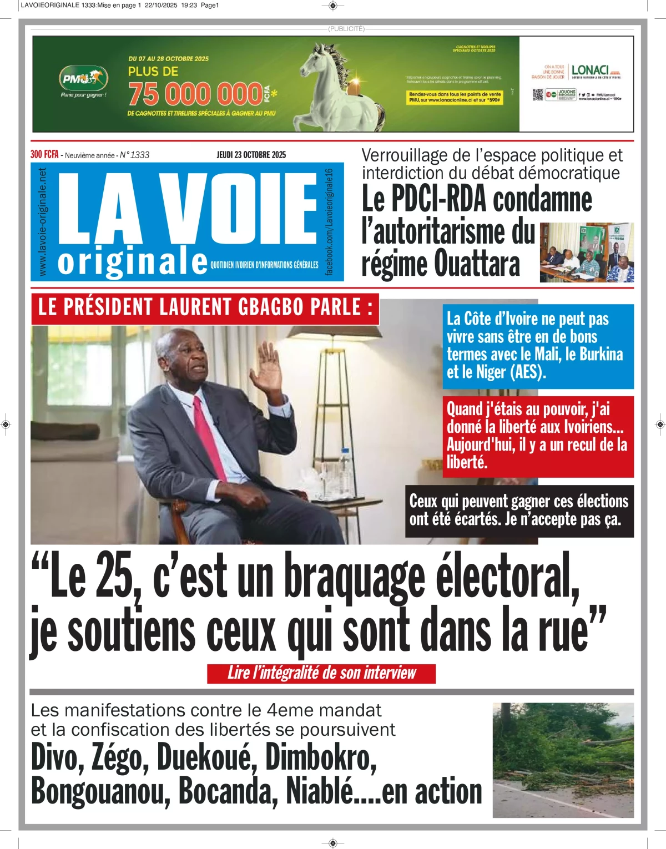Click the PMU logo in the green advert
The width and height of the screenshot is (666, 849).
(x=83, y=78)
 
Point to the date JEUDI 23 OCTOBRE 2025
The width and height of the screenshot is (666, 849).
(x=251, y=155)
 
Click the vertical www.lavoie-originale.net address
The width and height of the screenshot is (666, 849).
(x=43, y=222)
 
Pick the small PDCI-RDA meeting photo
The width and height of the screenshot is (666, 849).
(x=587, y=252)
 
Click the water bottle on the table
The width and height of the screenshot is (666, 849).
(x=345, y=472)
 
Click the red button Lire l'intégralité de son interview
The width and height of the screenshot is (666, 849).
(x=321, y=673)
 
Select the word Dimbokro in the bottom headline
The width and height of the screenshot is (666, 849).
(x=321, y=756)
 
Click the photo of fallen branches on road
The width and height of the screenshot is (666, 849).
(x=563, y=760)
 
